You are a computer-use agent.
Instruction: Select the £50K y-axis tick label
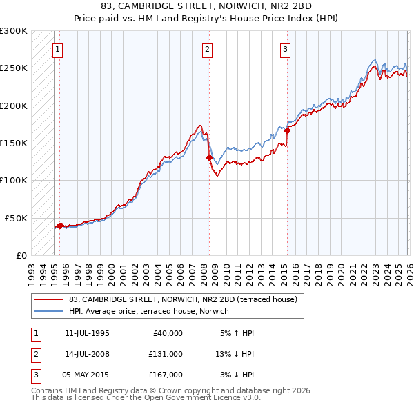tap(17, 218)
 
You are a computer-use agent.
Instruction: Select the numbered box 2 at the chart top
tap(206, 49)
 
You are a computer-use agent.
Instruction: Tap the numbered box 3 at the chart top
tap(284, 49)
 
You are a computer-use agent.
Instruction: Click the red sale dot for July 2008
tap(209, 157)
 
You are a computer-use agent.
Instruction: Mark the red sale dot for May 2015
tap(287, 130)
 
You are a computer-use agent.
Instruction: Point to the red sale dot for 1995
tap(59, 226)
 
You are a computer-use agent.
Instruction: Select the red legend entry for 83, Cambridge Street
tap(183, 299)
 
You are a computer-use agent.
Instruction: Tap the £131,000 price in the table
tap(166, 354)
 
